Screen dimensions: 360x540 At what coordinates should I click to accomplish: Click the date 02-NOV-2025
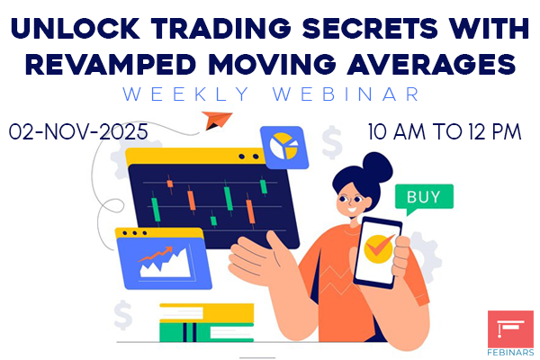[x=80, y=131]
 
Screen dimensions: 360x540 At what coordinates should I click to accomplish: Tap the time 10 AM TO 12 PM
[x=445, y=131]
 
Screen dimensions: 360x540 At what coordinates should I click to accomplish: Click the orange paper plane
[x=215, y=121]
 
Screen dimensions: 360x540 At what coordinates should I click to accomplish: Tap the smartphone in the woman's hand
[x=377, y=253]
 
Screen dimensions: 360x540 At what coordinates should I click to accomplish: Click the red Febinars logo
[x=510, y=329]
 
